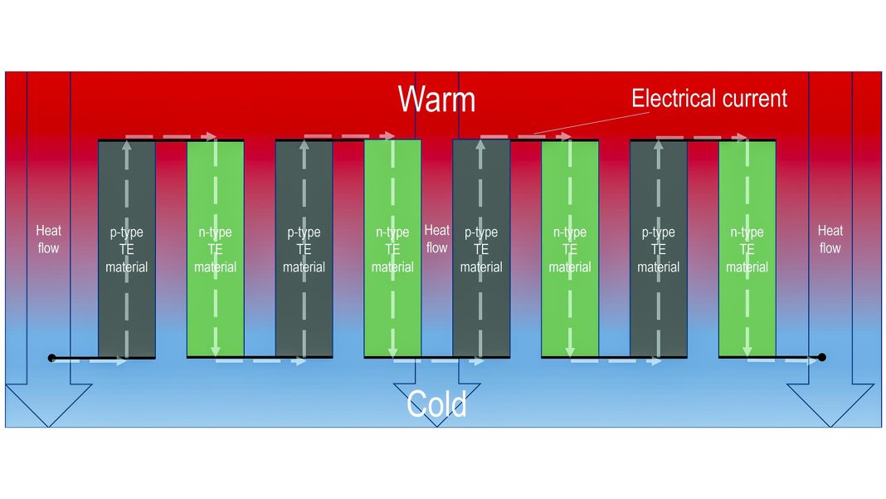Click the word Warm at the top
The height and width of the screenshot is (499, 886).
pyautogui.click(x=436, y=99)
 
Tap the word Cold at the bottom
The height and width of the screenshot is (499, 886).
pyautogui.click(x=436, y=404)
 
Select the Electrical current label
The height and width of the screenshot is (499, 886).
pyautogui.click(x=709, y=99)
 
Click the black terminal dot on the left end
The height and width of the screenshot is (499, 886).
pyautogui.click(x=52, y=358)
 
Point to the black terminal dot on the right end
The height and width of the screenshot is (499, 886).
pyautogui.click(x=822, y=357)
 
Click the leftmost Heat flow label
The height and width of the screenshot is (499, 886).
pyautogui.click(x=49, y=239)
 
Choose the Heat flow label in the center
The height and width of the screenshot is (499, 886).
pyautogui.click(x=437, y=239)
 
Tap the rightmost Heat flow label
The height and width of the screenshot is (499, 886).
pyautogui.click(x=830, y=239)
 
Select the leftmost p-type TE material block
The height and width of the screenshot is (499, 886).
pyautogui.click(x=127, y=249)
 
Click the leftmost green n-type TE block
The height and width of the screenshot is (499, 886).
pyautogui.click(x=216, y=249)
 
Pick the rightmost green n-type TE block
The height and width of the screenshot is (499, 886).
pyautogui.click(x=747, y=249)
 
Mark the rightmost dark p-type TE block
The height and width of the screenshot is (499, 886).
pyautogui.click(x=659, y=249)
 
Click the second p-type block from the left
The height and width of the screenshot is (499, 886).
pyautogui.click(x=304, y=249)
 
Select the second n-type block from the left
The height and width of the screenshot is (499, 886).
pyautogui.click(x=392, y=249)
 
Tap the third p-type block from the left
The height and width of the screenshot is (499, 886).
pyautogui.click(x=481, y=249)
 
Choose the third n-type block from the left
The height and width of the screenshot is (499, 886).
pyautogui.click(x=570, y=249)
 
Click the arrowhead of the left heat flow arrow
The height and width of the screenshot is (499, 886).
pyautogui.click(x=49, y=404)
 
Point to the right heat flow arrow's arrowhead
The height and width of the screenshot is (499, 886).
pyautogui.click(x=830, y=404)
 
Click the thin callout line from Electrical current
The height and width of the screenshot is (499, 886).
pyautogui.click(x=591, y=123)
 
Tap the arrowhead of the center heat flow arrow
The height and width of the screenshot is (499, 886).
pyautogui.click(x=437, y=404)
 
